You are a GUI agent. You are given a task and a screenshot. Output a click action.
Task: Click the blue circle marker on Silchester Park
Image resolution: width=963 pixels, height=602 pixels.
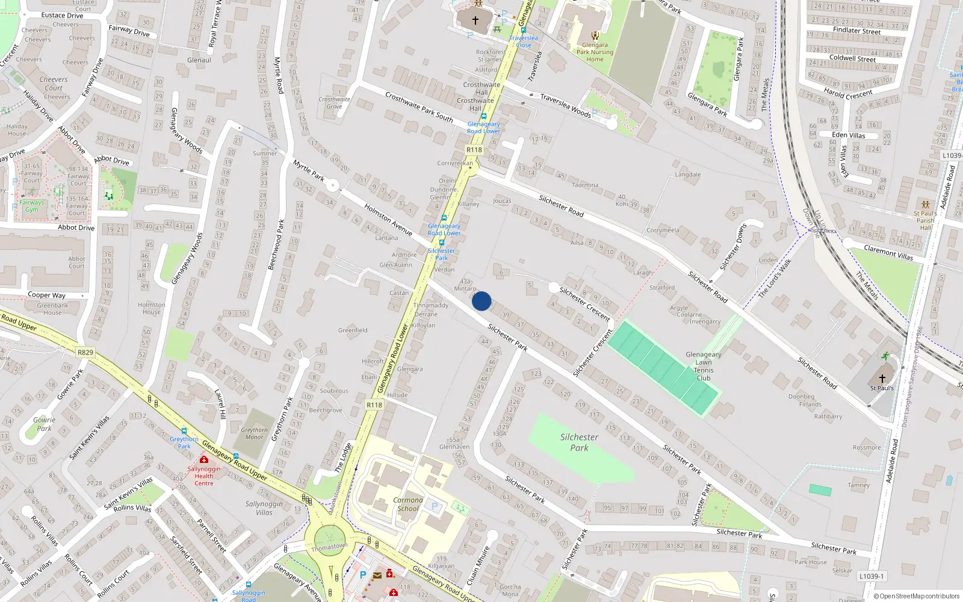[482, 301]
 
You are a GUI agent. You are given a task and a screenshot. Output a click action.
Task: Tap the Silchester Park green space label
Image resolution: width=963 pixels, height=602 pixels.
[579, 442]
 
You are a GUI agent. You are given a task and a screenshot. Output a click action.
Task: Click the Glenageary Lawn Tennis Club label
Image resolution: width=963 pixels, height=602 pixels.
[703, 366]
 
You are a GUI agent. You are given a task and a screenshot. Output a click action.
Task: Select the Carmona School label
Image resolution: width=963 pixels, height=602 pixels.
[408, 504]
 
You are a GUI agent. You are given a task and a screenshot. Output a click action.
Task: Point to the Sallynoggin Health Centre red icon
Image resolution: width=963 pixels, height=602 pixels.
[204, 459]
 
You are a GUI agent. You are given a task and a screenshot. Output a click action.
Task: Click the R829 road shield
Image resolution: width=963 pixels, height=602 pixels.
[85, 352]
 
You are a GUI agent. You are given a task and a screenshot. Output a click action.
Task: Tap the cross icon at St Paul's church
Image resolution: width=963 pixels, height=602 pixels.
[882, 378]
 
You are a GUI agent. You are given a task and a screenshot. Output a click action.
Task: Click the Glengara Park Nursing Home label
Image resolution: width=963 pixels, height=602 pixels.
[595, 52]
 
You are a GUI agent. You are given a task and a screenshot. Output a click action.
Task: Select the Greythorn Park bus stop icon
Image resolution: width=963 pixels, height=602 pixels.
[184, 431]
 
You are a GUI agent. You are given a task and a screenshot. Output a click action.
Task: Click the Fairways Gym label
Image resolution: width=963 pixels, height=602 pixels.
[32, 206]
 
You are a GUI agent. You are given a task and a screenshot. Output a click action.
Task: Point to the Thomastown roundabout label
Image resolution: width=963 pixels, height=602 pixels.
[329, 547]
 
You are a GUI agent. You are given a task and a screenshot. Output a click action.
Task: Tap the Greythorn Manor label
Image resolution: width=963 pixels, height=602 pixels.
[254, 433]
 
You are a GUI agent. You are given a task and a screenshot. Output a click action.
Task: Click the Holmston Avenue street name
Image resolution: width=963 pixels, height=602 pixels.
[388, 219]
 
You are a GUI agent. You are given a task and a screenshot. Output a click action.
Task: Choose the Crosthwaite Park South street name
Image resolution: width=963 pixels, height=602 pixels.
[419, 107]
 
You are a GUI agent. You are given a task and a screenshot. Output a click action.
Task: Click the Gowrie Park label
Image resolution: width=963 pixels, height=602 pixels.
[44, 424]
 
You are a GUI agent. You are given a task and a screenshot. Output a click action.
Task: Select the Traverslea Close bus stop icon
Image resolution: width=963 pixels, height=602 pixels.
[524, 30]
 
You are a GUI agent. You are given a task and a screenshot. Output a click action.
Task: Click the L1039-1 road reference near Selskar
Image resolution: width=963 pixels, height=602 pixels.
[872, 576]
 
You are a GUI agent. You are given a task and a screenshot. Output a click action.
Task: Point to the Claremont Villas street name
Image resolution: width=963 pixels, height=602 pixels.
[888, 252]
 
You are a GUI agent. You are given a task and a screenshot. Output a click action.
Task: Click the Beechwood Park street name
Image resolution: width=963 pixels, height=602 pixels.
[276, 244]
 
